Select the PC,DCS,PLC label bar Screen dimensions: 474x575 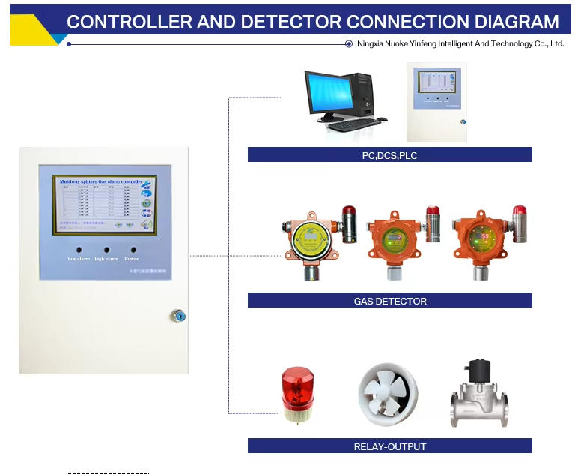pos(389,155)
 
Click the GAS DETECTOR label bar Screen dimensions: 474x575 pos(389,301)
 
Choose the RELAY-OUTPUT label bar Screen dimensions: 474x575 pos(389,446)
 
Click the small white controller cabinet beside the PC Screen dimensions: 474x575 pos(436,101)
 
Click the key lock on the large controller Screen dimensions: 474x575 pos(177,316)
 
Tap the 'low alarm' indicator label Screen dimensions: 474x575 pos(79,259)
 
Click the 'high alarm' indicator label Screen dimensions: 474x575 pos(106,259)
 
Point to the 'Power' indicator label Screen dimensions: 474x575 pos(132,259)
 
